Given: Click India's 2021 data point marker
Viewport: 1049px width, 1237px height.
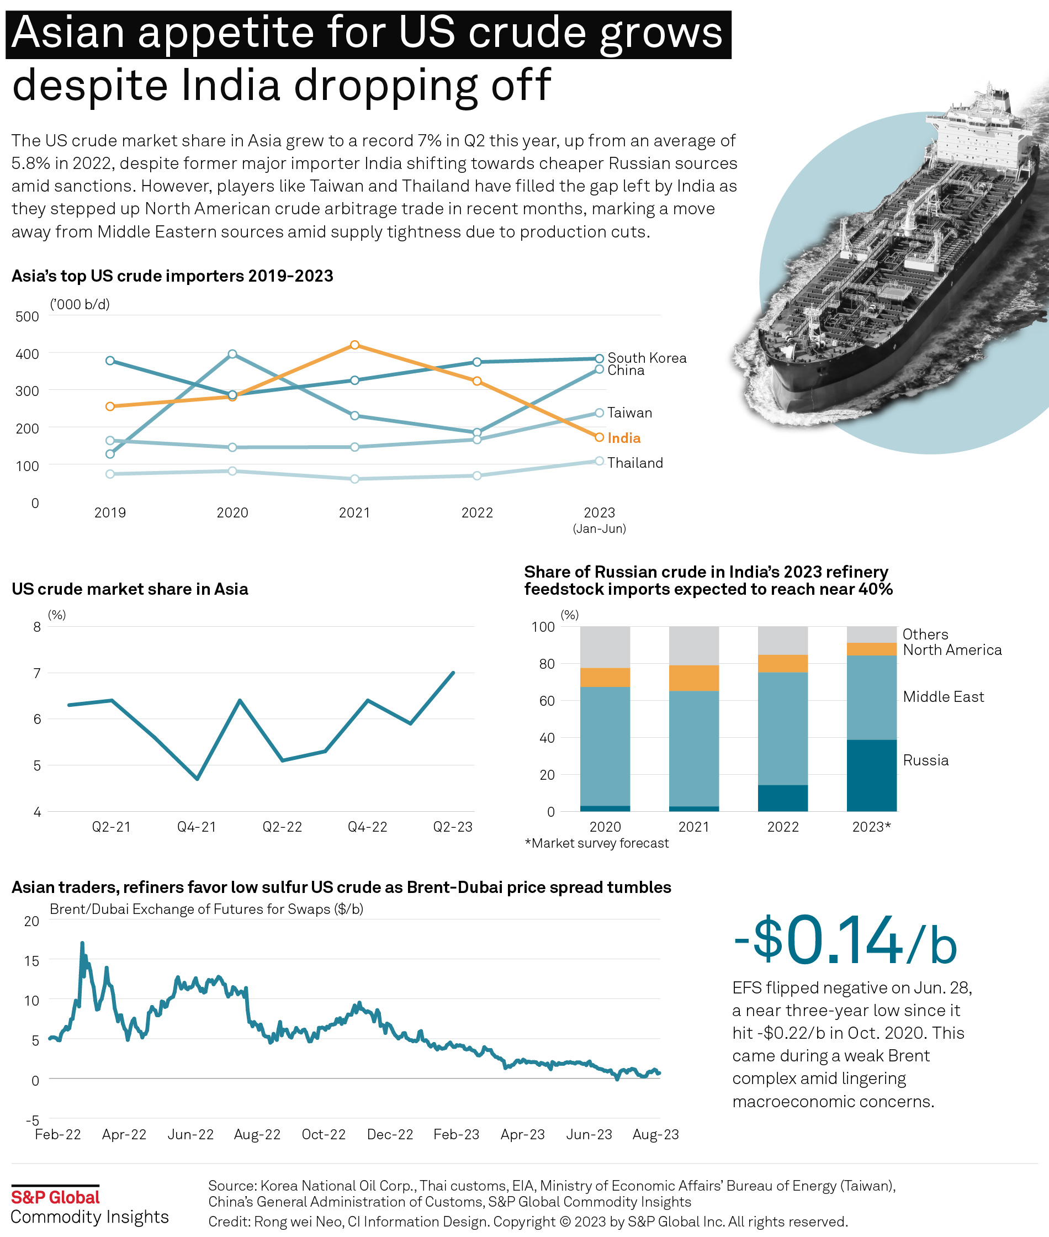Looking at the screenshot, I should tap(354, 345).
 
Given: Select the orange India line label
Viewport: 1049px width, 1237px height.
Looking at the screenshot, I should tap(624, 438).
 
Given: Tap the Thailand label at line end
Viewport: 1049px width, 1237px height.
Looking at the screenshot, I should tap(634, 463).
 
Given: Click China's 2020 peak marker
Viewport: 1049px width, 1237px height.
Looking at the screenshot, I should tap(232, 355).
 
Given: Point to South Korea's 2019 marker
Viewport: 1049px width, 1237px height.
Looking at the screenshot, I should tap(110, 361).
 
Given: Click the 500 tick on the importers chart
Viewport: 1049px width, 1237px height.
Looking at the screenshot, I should tap(28, 316).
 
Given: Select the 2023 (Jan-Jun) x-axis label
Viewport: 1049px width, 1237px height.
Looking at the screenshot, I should tap(600, 519).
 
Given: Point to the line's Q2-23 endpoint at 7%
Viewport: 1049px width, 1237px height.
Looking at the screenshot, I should tap(454, 673).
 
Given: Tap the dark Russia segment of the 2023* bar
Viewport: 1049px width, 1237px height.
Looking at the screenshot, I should tap(871, 775).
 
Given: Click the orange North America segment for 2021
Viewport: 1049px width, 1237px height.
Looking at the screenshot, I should tap(693, 678).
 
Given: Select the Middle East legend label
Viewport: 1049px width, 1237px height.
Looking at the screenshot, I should tap(943, 697).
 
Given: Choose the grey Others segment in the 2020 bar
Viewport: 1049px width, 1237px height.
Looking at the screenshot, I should tap(605, 647).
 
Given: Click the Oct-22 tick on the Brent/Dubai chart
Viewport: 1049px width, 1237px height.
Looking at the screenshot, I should tap(324, 1134).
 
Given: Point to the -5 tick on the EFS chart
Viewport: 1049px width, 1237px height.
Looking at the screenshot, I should tap(32, 1120).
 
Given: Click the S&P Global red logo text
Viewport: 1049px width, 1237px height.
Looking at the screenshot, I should tap(55, 1197).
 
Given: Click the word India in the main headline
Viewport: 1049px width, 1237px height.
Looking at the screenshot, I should tap(230, 85).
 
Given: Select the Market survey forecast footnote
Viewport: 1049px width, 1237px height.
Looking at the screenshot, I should tap(596, 843).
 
